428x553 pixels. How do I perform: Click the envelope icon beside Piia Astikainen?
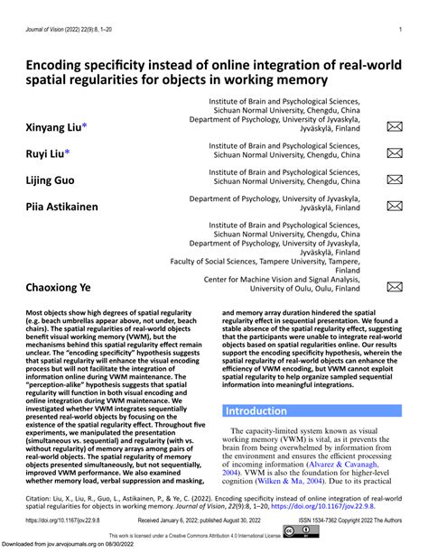pyautogui.click(x=395, y=206)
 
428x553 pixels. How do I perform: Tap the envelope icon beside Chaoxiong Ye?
pyautogui.click(x=395, y=288)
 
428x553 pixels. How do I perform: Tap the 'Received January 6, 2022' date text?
pyautogui.click(x=192, y=521)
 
